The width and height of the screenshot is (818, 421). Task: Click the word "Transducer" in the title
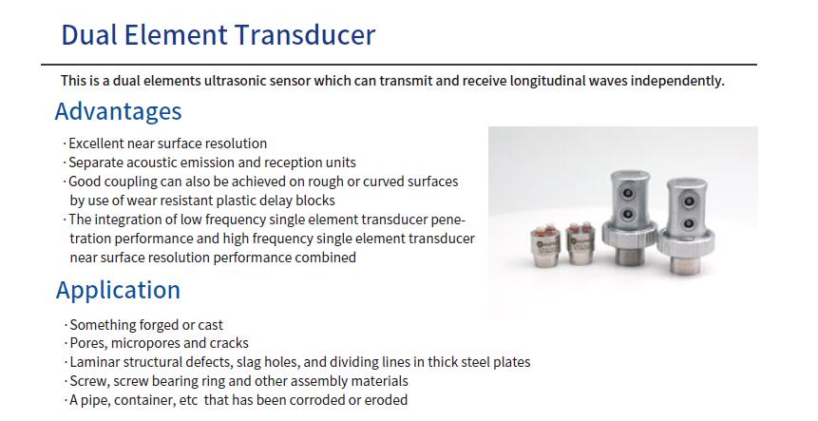tap(304, 35)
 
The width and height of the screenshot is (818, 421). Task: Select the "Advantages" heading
tap(119, 111)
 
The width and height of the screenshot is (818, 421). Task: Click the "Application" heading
tap(118, 291)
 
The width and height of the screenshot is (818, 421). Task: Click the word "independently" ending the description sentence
tap(676, 81)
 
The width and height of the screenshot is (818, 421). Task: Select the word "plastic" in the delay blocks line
tap(235, 201)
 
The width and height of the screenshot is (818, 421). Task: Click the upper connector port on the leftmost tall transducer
tap(628, 194)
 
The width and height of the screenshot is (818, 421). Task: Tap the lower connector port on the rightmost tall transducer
tap(689, 224)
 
